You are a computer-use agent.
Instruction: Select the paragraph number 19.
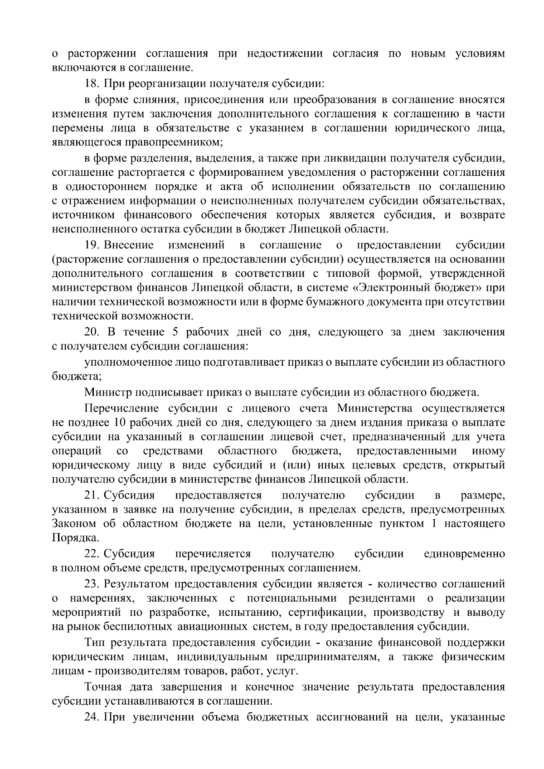[92, 246]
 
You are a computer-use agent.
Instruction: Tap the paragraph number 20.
[92, 332]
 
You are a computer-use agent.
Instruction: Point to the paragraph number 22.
[92, 554]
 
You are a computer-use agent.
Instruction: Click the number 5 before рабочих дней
[175, 332]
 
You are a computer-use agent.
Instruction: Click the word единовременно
[464, 554]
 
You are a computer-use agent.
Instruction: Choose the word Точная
[103, 687]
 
